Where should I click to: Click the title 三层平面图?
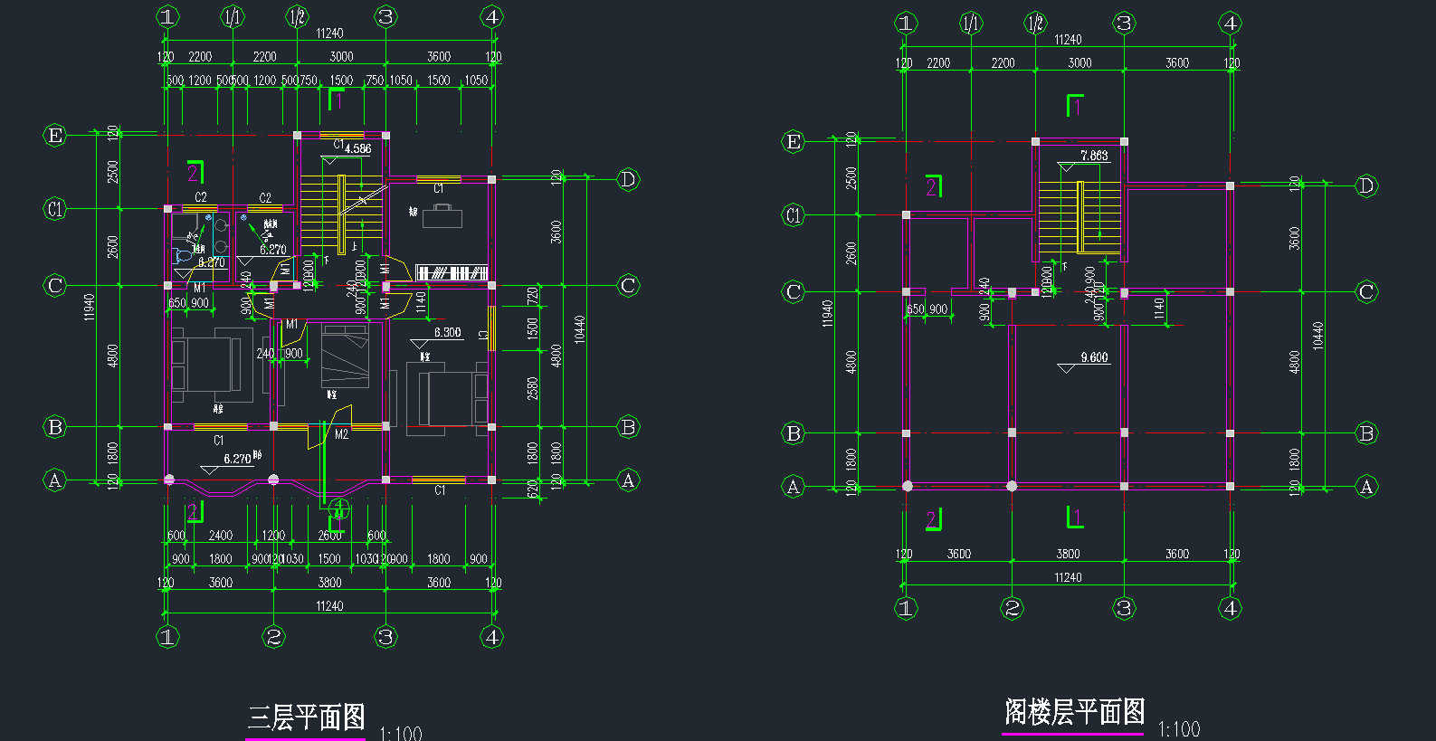[306, 717]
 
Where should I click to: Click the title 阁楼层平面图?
[1074, 711]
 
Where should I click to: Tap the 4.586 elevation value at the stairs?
[357, 149]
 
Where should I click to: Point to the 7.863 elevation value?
[1094, 156]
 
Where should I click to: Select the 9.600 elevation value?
[1094, 357]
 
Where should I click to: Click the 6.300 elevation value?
[447, 332]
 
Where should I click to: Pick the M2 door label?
[341, 434]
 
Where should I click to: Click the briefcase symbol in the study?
[442, 215]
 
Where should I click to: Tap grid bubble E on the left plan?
[55, 135]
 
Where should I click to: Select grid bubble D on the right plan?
[1366, 185]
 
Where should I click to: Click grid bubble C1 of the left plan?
[55, 209]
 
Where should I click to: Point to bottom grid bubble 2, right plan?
[1013, 608]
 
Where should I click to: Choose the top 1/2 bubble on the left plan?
[297, 16]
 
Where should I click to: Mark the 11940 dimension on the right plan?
[827, 313]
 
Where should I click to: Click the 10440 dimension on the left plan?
[579, 329]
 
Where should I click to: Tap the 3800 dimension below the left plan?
[329, 583]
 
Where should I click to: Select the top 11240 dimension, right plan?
[1068, 40]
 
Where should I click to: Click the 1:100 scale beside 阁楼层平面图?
[1178, 729]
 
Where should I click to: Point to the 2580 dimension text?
[533, 388]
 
